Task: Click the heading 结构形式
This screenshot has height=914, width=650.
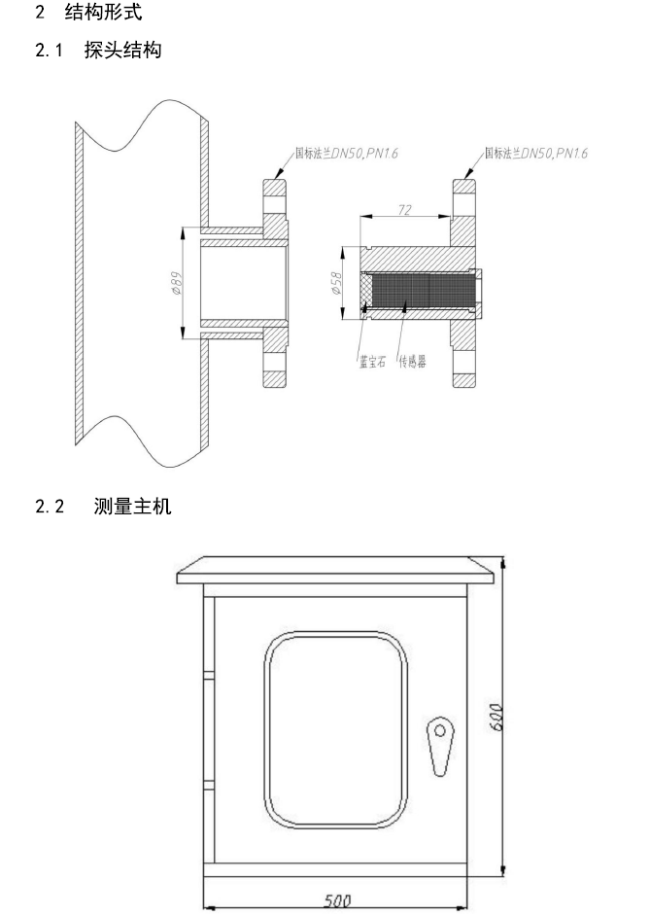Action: [x=103, y=12]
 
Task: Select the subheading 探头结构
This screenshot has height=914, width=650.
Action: [x=122, y=50]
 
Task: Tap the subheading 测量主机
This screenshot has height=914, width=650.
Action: [x=133, y=506]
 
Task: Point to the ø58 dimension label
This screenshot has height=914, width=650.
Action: [x=336, y=283]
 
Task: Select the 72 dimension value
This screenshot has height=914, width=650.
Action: [x=405, y=209]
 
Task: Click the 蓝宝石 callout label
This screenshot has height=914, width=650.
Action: [x=372, y=362]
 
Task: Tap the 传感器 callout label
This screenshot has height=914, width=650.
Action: [x=412, y=362]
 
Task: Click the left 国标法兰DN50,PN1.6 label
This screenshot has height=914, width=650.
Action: [x=347, y=154]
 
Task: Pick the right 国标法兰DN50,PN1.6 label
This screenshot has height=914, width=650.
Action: [x=536, y=154]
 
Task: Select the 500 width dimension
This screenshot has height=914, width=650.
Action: [x=337, y=900]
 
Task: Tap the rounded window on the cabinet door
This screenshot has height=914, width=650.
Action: [x=335, y=729]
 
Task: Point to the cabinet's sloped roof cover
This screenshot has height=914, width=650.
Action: [x=336, y=571]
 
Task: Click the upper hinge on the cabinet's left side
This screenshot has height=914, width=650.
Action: [x=209, y=676]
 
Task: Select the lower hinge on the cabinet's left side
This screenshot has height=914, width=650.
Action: [x=209, y=785]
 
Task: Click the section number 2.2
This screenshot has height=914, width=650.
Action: [x=50, y=506]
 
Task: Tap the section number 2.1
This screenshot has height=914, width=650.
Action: [x=49, y=51]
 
